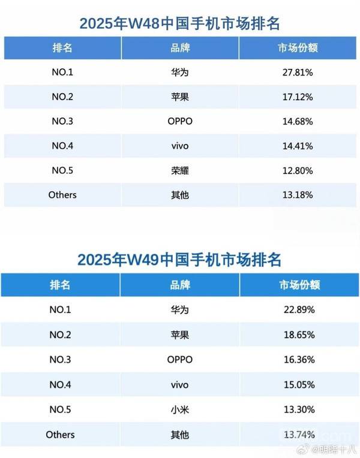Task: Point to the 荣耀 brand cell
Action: [179, 170]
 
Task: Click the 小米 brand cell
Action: [179, 409]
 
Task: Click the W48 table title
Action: [180, 23]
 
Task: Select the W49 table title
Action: [179, 260]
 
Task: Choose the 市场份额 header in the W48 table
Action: [297, 47]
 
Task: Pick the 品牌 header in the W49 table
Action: [179, 285]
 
